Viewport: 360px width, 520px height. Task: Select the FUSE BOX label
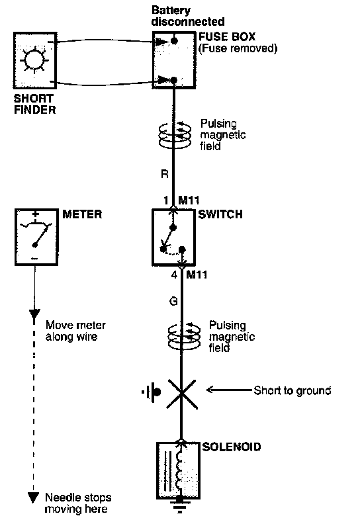[x=227, y=36]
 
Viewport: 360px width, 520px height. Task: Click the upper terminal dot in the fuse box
[x=174, y=41]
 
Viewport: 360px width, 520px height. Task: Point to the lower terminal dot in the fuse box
[x=174, y=80]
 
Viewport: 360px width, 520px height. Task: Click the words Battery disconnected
[x=188, y=16]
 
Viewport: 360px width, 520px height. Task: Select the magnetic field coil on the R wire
[x=175, y=135]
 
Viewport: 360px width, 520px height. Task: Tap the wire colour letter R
[x=164, y=173]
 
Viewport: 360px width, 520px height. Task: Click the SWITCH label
[x=220, y=214]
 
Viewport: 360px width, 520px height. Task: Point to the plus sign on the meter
[x=36, y=214]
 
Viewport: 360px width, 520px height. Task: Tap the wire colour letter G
[x=173, y=301]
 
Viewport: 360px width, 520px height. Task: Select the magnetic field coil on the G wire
[x=184, y=336]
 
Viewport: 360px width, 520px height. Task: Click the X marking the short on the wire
[x=182, y=394]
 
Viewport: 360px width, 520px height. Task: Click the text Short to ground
[x=292, y=390]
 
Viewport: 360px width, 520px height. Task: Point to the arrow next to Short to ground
[x=229, y=390]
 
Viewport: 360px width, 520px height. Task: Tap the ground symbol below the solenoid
[x=179, y=505]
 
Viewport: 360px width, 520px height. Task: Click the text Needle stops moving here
[x=78, y=503]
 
